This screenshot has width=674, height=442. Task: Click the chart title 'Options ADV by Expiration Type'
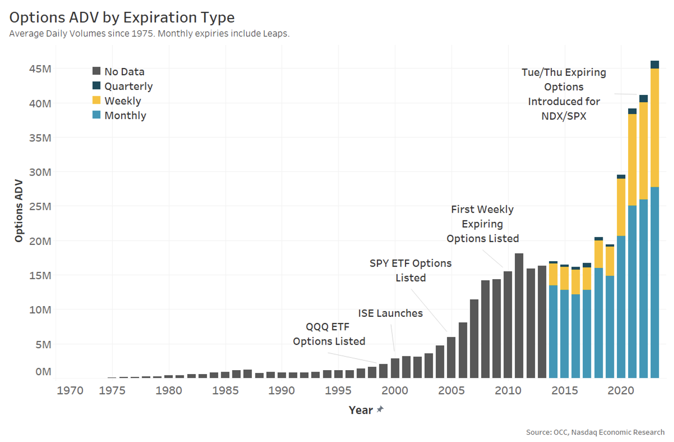point(122,18)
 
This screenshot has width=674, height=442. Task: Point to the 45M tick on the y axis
point(40,68)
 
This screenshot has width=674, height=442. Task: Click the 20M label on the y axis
point(40,241)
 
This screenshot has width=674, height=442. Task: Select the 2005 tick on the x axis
point(451,390)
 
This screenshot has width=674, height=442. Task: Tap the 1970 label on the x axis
point(70,390)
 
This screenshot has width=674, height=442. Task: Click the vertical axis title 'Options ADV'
point(19,210)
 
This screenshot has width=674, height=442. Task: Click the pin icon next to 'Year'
point(380,409)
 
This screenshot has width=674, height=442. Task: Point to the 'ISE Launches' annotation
point(390,313)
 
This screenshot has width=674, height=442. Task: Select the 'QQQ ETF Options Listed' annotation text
point(329,334)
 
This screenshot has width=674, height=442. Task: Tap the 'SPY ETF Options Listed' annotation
point(410,270)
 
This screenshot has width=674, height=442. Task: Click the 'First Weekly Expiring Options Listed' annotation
point(483,224)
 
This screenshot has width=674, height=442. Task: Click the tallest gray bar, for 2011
point(519,315)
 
